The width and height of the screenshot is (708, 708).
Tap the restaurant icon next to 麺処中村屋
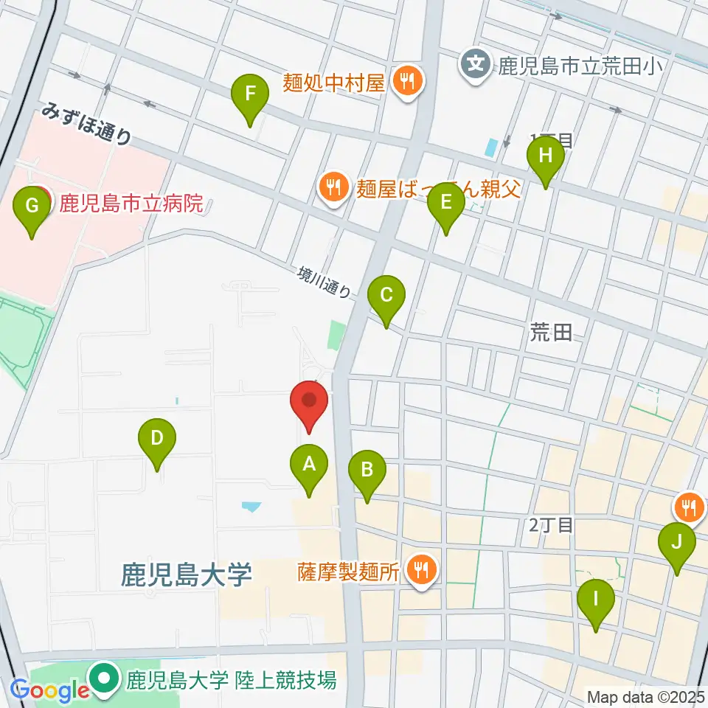(x=406, y=80)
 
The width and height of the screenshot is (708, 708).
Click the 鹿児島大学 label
(x=187, y=572)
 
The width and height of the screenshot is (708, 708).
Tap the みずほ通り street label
(x=87, y=123)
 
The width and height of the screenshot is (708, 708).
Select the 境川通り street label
(x=324, y=281)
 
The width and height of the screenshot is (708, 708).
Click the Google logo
(x=50, y=690)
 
